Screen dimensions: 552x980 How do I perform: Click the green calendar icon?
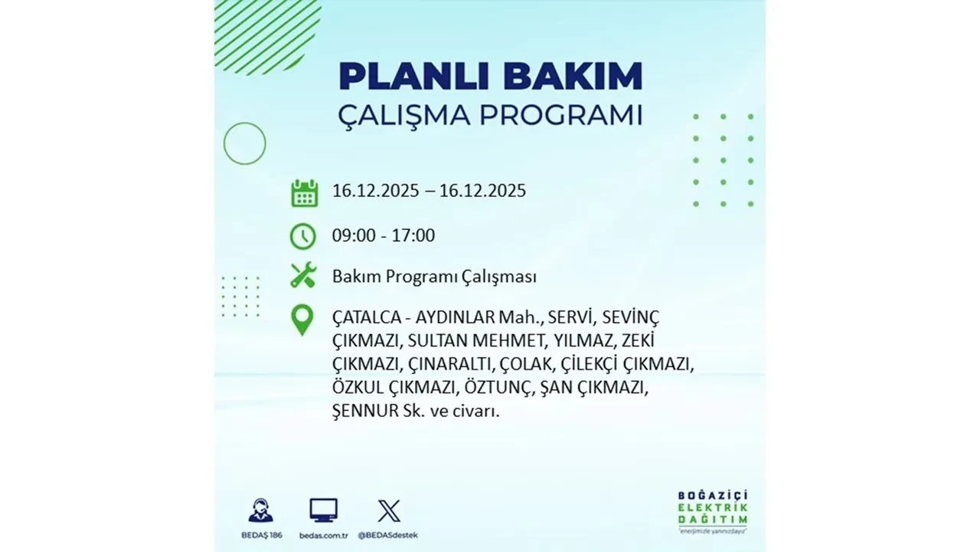click(304, 192)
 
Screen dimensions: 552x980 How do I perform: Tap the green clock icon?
click(303, 235)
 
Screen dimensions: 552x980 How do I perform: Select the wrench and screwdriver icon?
click(303, 276)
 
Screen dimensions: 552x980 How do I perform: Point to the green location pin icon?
click(303, 320)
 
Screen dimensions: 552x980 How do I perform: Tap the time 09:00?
click(354, 235)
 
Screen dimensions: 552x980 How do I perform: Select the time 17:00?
click(413, 235)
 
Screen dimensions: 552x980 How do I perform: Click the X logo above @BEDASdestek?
click(389, 511)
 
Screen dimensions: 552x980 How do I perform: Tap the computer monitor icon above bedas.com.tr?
click(323, 510)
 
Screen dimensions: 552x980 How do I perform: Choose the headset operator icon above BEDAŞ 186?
click(260, 510)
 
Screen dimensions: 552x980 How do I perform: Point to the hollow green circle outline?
click(244, 143)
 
